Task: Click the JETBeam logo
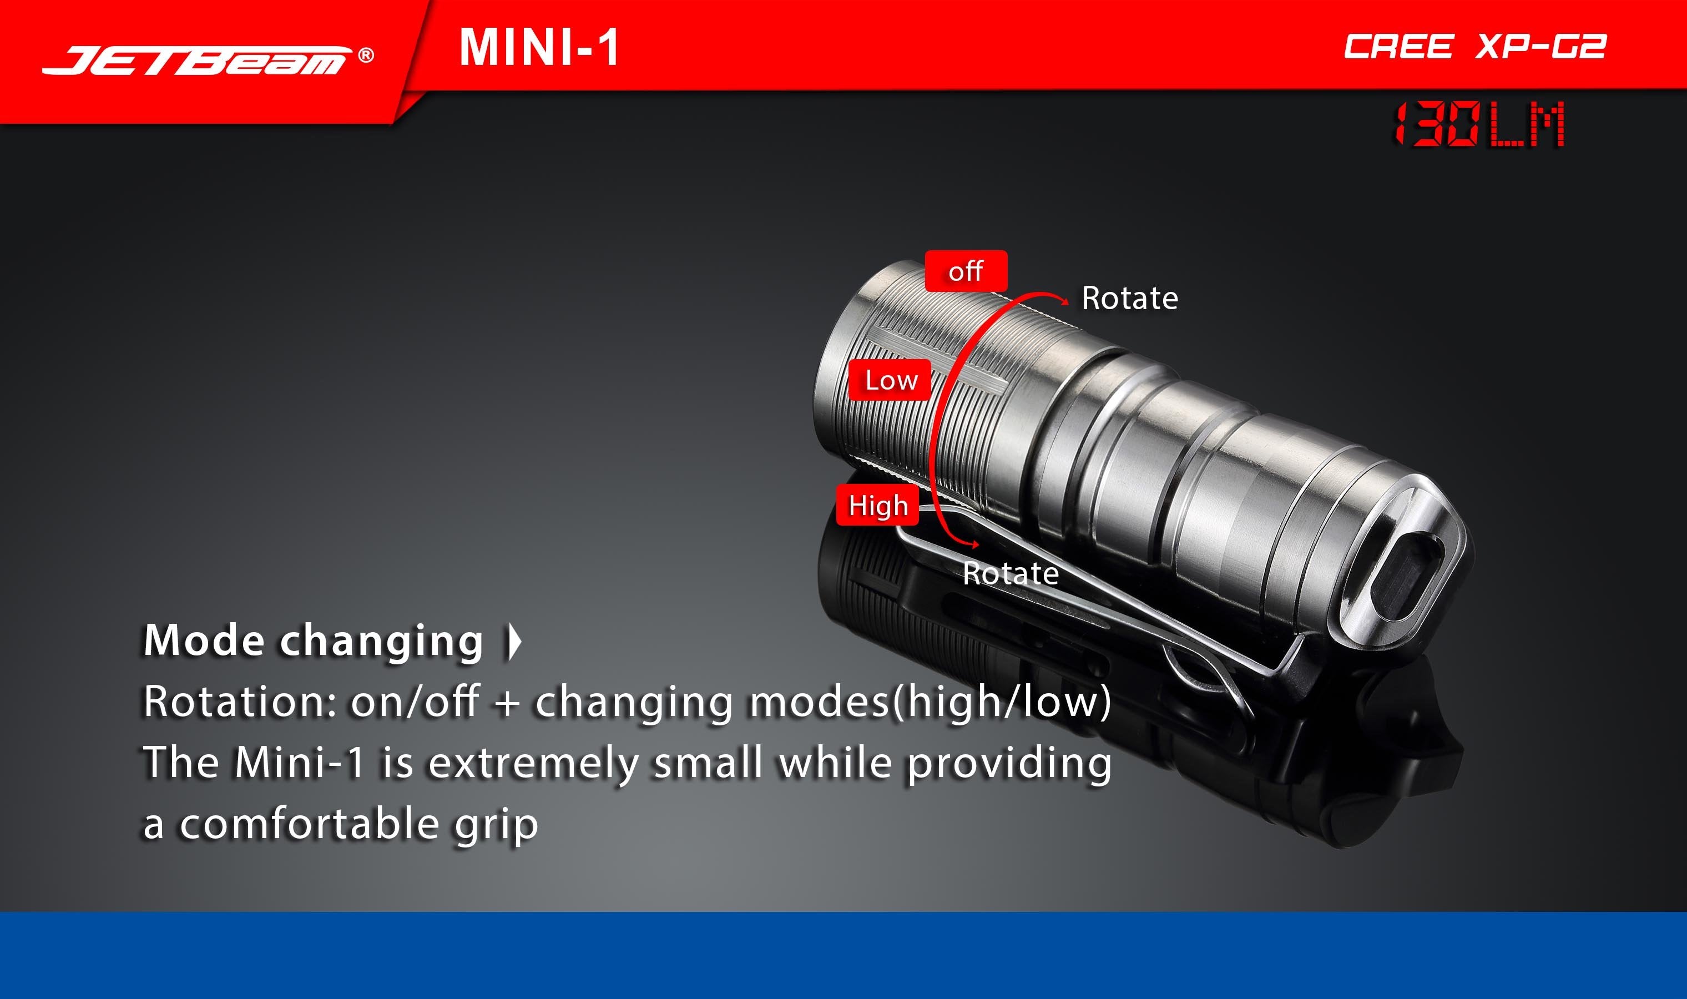tap(195, 60)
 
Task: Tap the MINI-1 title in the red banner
tap(539, 47)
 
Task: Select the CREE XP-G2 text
tap(1474, 47)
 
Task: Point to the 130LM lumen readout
tap(1479, 124)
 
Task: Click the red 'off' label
tap(966, 271)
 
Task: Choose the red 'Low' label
tap(890, 380)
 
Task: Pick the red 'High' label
tap(877, 505)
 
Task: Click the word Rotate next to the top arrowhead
tap(1130, 298)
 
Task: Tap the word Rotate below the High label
tap(1011, 573)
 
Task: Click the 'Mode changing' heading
tap(314, 641)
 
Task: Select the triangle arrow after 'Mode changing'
tap(514, 641)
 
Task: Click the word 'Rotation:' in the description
tap(240, 702)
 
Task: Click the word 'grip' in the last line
tap(497, 826)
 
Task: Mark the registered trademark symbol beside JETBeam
tap(366, 55)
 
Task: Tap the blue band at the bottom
tap(843, 955)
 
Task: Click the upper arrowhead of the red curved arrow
tap(1063, 301)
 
